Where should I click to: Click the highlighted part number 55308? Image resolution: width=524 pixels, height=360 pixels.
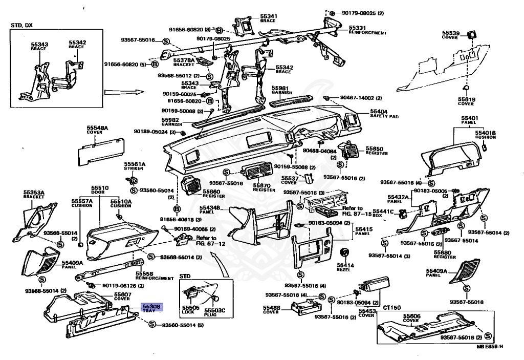150,306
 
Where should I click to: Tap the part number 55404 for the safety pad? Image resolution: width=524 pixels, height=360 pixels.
379,111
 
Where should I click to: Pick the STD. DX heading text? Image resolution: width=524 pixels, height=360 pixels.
21,25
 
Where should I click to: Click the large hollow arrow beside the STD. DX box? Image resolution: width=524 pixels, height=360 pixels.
118,93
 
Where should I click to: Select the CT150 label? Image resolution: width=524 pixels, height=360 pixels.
391,307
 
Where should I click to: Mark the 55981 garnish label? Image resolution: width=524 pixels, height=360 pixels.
280,88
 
